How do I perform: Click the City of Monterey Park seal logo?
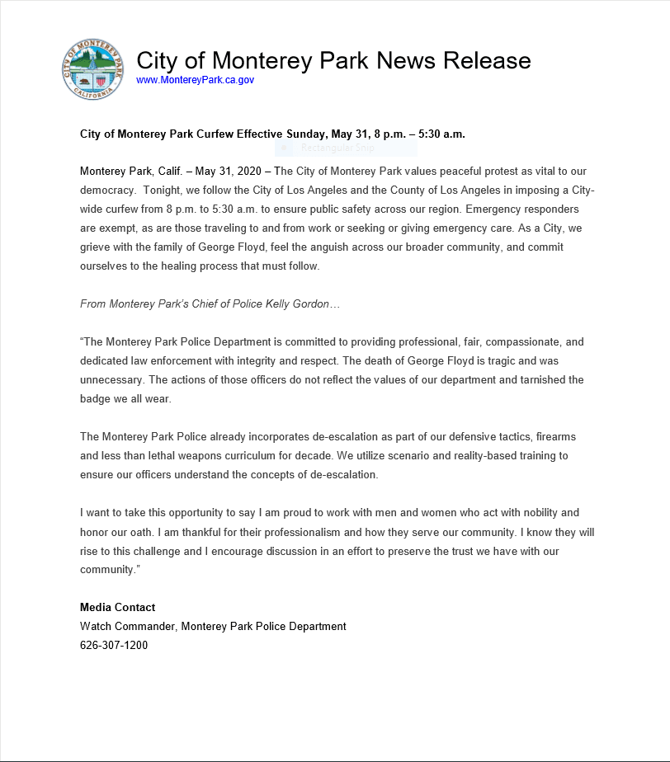tap(92, 69)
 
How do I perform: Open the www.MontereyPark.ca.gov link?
tap(195, 80)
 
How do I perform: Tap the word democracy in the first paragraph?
tap(105, 190)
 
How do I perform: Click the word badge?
tap(97, 399)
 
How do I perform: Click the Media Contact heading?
tap(118, 608)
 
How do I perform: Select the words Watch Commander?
tap(127, 627)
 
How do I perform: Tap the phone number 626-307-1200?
tap(114, 646)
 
